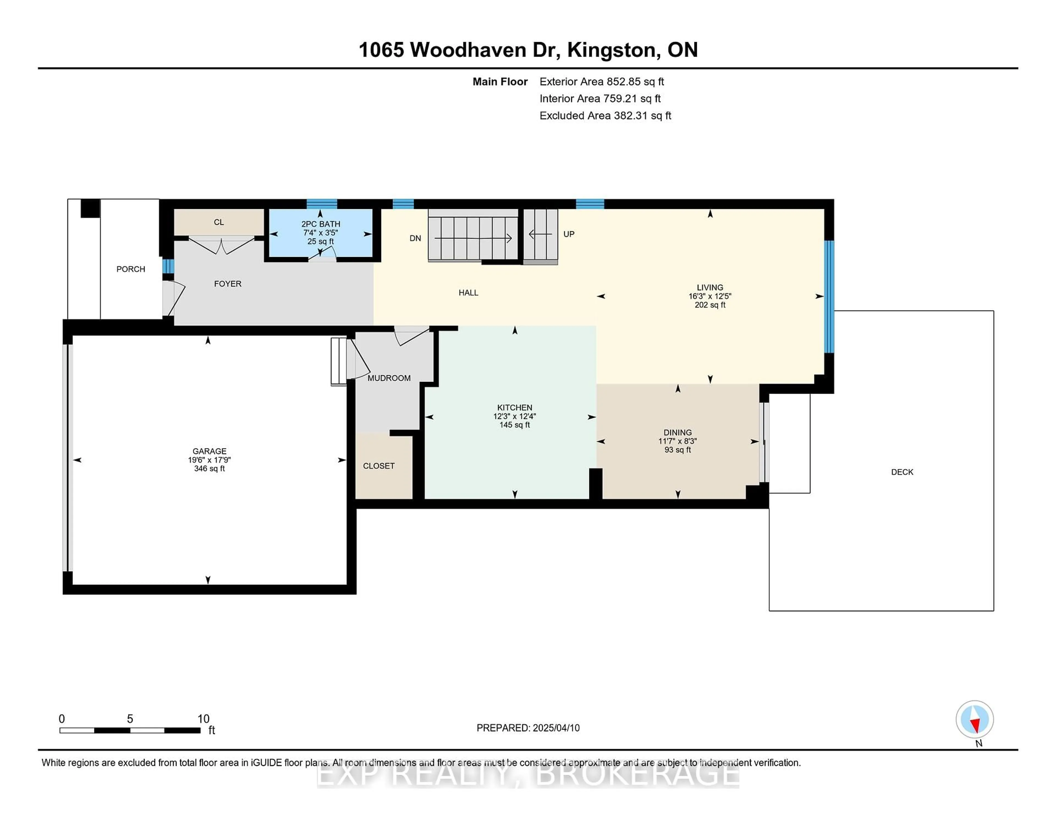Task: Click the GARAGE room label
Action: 209,451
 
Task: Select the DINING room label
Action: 677,432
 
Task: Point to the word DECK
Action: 902,472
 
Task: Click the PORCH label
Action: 131,269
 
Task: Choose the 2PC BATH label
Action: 321,224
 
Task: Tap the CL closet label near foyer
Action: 219,222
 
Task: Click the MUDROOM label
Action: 389,378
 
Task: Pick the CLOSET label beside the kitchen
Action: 379,465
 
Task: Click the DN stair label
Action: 415,238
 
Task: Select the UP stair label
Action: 569,234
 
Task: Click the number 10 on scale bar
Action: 204,719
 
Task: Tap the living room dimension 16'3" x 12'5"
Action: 710,296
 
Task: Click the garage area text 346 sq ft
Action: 209,468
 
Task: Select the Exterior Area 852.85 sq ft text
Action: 602,82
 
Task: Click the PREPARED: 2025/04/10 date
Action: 528,727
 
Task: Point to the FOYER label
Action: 228,284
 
